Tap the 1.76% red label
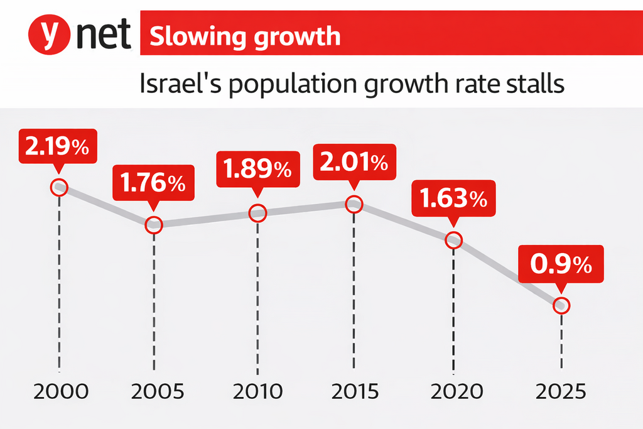pyautogui.click(x=153, y=183)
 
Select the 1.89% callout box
pyautogui.click(x=257, y=168)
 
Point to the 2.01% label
pyautogui.click(x=354, y=162)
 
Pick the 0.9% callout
pyautogui.click(x=561, y=264)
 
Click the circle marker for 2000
pyautogui.click(x=60, y=187)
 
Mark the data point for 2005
pyautogui.click(x=154, y=224)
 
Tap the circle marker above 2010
pyautogui.click(x=258, y=213)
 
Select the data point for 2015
pyautogui.click(x=354, y=204)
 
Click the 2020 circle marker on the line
pyautogui.click(x=453, y=240)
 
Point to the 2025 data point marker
pyautogui.click(x=561, y=306)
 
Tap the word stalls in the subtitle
pyautogui.click(x=529, y=84)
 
